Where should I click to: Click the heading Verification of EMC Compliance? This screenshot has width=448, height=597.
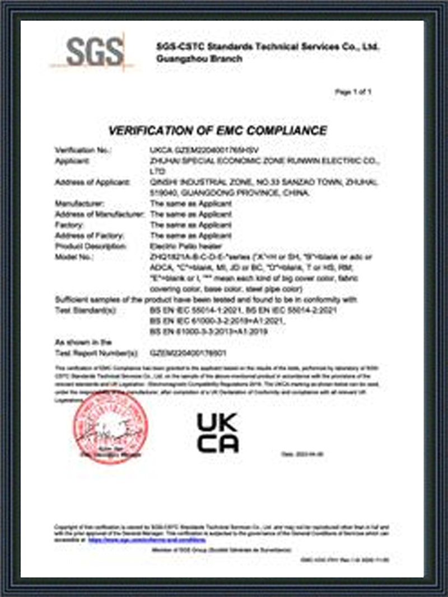pyautogui.click(x=217, y=131)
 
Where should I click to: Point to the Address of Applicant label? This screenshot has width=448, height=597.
pyautogui.click(x=92, y=182)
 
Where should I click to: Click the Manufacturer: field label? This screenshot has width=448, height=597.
pyautogui.click(x=79, y=204)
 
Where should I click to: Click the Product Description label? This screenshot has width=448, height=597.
pyautogui.click(x=91, y=246)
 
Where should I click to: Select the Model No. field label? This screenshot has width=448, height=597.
pyautogui.click(x=76, y=257)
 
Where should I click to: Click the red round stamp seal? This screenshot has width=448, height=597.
pyautogui.click(x=110, y=429)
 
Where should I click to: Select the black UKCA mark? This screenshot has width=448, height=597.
pyautogui.click(x=217, y=433)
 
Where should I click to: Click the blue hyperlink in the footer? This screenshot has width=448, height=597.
pyautogui.click(x=147, y=540)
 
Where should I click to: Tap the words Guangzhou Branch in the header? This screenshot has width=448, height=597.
pyautogui.click(x=200, y=59)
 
